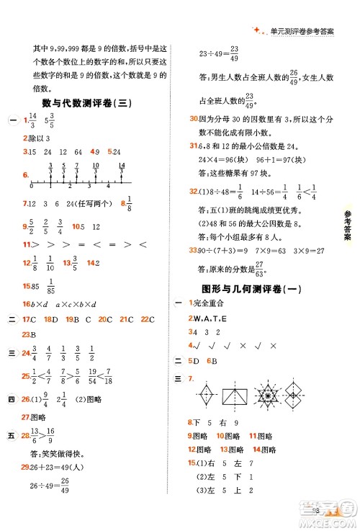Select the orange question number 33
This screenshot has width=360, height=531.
click(x=193, y=251)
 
